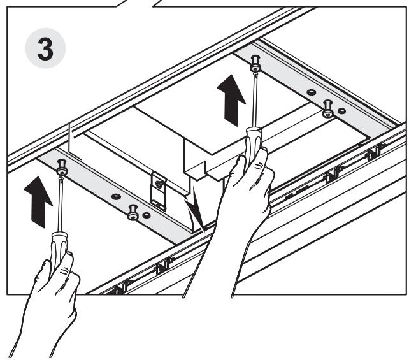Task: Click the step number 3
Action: pos(45,49)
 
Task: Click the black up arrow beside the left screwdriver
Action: pos(38,202)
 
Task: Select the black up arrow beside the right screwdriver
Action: pos(231,100)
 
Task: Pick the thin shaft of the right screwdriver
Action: pos(255,100)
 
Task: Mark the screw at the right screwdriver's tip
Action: pos(255,63)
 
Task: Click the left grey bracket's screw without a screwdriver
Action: pos(133,212)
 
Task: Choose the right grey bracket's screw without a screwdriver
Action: pos(328,108)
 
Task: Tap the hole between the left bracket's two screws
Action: pos(116,196)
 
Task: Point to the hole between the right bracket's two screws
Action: pos(311,92)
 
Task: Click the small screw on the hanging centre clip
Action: pos(159,184)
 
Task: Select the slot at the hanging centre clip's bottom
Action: pos(159,204)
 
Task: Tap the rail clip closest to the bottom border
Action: pos(120,287)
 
